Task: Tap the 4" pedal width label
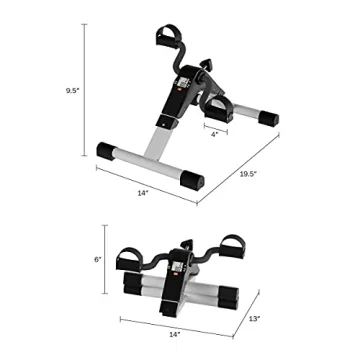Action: [216, 135]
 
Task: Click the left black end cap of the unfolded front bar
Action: [107, 151]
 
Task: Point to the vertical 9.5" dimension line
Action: [81, 90]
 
